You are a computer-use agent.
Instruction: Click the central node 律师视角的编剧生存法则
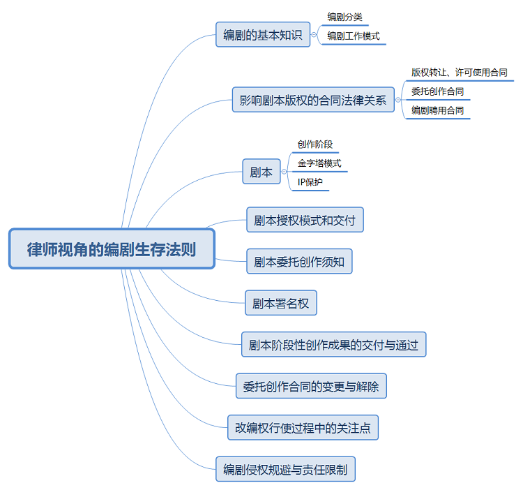pos(112,249)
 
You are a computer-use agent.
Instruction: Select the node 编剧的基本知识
pos(263,35)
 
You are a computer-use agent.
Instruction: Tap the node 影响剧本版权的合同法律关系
pos(312,100)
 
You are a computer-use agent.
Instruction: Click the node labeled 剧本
pos(261,172)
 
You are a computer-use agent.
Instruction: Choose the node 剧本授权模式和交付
pos(305,221)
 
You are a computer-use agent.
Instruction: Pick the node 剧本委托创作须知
pos(300,262)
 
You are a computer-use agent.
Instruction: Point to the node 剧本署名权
pos(281,303)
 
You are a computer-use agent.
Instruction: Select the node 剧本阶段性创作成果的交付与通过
pos(333,344)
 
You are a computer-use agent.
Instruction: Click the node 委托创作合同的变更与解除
pos(311,385)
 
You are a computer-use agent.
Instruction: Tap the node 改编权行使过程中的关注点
pos(303,427)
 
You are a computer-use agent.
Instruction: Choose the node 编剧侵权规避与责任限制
pos(286,468)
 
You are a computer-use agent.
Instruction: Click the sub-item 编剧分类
pos(344,17)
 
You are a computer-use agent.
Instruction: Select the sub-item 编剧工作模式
pos(353,36)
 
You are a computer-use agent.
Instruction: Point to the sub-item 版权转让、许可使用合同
pos(459,72)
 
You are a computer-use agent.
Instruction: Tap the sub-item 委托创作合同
pos(437,91)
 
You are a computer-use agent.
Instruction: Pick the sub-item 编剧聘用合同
pos(437,110)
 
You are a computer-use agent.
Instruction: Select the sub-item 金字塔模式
pos(319,163)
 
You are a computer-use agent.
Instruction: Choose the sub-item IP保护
pos(310,182)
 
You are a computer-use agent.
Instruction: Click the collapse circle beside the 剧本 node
pos(284,172)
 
